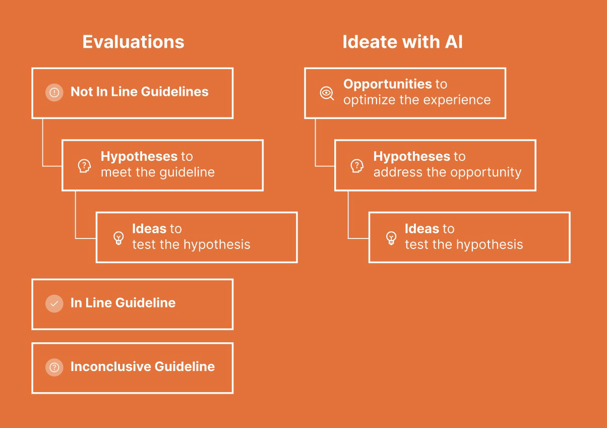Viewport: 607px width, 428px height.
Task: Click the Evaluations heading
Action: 133,42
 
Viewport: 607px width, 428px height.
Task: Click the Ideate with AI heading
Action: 402,42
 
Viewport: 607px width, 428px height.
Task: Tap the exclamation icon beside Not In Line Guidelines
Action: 54,92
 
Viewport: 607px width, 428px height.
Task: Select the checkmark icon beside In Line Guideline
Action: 54,303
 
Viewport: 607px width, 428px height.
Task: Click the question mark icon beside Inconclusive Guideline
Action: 54,368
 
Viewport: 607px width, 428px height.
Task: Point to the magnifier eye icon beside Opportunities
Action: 327,93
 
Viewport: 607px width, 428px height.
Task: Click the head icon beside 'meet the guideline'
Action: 84,166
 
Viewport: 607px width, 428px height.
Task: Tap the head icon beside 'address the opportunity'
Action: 357,166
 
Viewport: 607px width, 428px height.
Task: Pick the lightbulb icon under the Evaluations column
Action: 118,238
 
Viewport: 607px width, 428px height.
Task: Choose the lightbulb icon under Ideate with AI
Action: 391,238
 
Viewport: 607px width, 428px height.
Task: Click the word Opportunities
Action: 388,84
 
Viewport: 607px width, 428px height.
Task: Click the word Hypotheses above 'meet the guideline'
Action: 139,157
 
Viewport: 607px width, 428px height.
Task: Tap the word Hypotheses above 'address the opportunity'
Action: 412,157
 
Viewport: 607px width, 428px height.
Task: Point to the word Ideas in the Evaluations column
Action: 149,229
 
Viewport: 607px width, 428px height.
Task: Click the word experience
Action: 457,100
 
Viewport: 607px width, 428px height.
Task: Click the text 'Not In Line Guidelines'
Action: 140,92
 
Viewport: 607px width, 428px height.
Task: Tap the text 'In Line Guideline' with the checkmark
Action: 123,303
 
